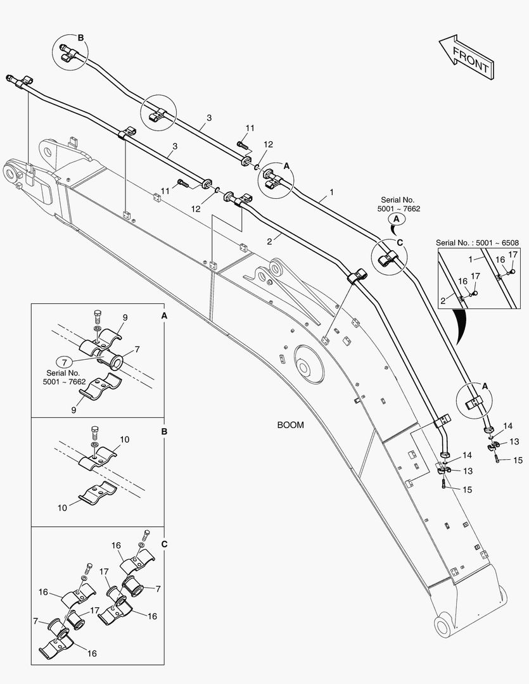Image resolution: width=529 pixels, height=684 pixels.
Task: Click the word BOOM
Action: tap(290, 425)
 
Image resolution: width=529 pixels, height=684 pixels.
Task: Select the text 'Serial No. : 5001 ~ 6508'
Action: tap(476, 243)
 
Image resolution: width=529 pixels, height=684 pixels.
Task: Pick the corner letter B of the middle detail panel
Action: tap(163, 431)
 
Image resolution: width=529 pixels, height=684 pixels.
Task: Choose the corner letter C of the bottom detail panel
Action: tap(163, 543)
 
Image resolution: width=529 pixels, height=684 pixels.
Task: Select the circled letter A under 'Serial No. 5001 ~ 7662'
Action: tap(397, 218)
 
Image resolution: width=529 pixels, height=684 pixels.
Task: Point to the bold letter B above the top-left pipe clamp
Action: tap(80, 37)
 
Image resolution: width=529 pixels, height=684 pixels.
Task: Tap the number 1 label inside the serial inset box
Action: tap(471, 260)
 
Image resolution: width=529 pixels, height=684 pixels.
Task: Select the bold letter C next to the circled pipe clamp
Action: tap(399, 242)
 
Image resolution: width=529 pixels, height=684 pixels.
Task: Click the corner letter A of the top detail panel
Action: tap(163, 315)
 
